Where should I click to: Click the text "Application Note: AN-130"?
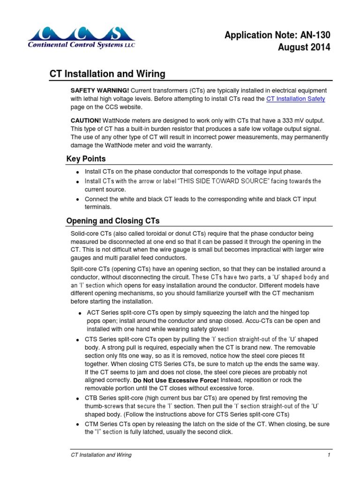(277, 35)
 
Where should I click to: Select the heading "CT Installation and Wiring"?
(107, 74)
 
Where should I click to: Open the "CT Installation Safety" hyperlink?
(295, 99)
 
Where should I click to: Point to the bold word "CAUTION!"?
(85, 120)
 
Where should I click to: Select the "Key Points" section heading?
(86, 158)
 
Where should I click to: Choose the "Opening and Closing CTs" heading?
(113, 221)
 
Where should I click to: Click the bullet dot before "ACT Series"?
(81, 313)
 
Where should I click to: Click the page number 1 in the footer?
(330, 455)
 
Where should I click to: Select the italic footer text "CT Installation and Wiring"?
(101, 455)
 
